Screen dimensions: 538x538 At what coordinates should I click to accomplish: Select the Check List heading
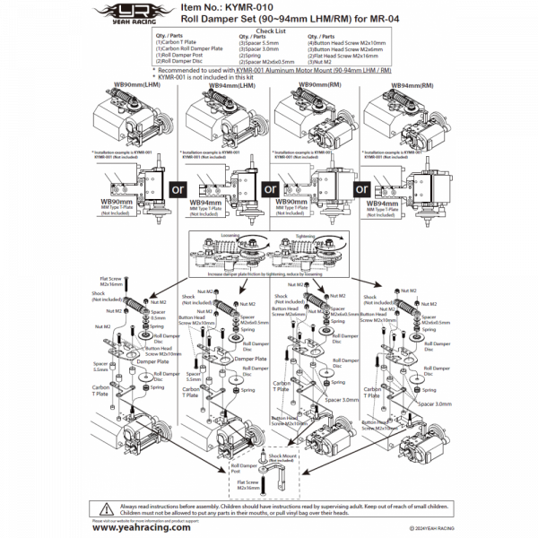tap(268, 29)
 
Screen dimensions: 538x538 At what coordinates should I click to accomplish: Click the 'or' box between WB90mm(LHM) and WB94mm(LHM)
tap(176, 189)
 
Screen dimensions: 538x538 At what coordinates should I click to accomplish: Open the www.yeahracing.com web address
tap(141, 527)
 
